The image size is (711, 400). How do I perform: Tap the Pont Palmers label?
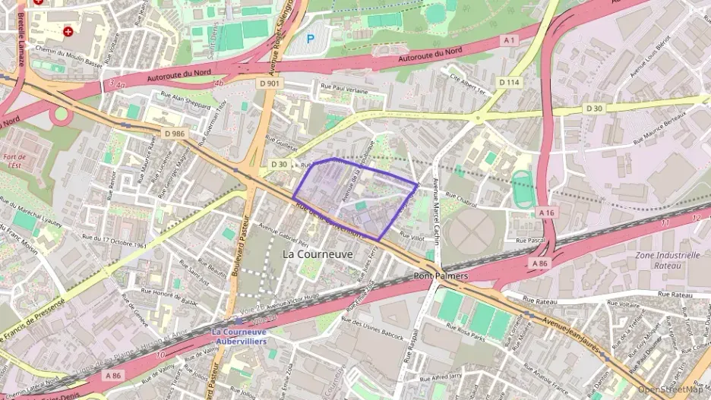point(441,276)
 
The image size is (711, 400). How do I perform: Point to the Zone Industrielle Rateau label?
point(668,260)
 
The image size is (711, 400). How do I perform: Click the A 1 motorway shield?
point(508,39)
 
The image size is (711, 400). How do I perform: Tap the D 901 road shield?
point(269,83)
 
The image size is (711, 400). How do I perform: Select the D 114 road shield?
point(509,81)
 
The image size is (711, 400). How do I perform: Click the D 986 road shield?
point(174,134)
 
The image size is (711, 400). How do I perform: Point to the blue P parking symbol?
point(310,37)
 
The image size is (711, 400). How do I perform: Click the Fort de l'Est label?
point(14,159)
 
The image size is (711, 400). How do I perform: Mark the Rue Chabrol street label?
point(460,201)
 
